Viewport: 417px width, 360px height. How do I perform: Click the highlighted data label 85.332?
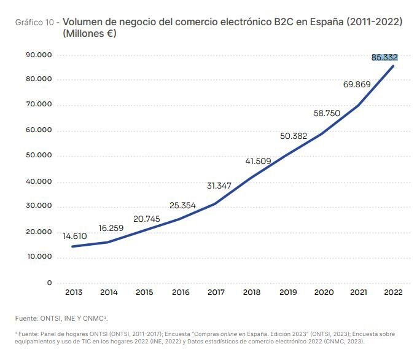[x=384, y=57]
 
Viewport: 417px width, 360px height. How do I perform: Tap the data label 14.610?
[x=75, y=236]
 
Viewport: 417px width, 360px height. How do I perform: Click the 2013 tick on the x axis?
[x=74, y=292]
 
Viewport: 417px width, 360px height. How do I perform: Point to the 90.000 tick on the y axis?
[x=39, y=55]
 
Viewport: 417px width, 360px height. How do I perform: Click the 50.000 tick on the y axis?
[x=39, y=156]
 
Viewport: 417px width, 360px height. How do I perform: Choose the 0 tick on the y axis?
[x=49, y=283]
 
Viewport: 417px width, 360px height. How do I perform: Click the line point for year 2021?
[x=357, y=106]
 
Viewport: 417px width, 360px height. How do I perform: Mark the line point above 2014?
[x=109, y=241]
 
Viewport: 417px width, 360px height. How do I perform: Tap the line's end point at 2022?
[x=393, y=66]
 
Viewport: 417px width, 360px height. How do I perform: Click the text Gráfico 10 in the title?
[x=36, y=22]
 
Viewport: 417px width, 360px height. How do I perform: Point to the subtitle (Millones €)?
[x=89, y=33]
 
